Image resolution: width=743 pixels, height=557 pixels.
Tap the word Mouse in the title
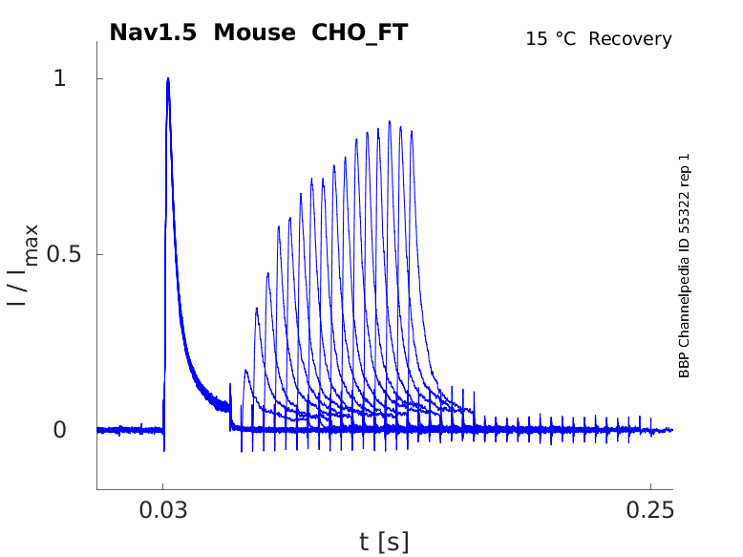pos(256,32)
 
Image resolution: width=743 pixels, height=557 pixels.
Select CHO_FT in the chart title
pos(360,32)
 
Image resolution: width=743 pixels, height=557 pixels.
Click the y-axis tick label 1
pos(59,78)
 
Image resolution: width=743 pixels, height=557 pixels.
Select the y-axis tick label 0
pos(59,430)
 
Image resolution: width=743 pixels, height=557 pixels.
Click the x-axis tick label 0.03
pos(163,509)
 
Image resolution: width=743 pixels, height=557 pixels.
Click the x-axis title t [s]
pos(384,542)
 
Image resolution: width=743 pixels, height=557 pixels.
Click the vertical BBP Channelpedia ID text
pos(684,266)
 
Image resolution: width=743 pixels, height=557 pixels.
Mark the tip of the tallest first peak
pos(168,79)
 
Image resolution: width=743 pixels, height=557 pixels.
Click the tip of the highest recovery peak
pos(390,121)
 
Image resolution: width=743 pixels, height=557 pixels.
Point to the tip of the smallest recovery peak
pos(246,370)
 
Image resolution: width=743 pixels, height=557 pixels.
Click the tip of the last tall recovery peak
pos(412,131)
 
